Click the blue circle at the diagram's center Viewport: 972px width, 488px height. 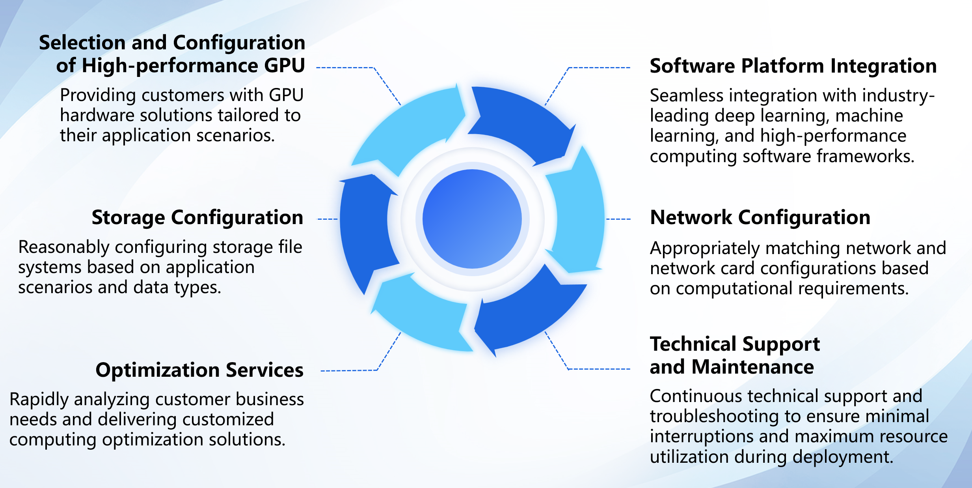(472, 219)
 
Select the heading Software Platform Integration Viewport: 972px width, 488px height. (793, 66)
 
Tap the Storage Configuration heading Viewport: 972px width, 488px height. (197, 217)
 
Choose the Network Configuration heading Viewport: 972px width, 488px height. (760, 217)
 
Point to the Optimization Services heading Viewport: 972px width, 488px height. (199, 370)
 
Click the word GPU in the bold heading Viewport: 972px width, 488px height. (285, 65)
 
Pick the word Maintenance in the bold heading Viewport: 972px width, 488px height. (753, 367)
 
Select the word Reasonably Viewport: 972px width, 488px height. (64, 248)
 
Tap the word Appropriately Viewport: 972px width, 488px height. (704, 249)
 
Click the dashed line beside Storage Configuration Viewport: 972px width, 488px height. (328, 219)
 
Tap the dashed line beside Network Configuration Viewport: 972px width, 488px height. (618, 219)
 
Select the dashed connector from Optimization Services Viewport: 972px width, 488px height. (349, 370)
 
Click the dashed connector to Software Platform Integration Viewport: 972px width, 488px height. (599, 68)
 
